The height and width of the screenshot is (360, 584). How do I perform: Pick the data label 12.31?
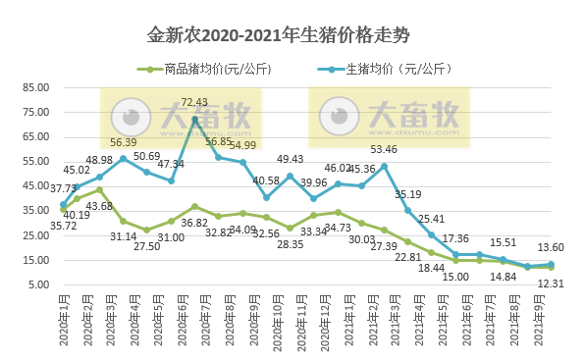pyautogui.click(x=551, y=284)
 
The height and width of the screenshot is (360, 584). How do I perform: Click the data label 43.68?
pyautogui.click(x=99, y=205)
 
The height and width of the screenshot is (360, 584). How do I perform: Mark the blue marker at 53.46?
pyautogui.click(x=385, y=166)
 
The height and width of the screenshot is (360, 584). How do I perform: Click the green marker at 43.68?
pyautogui.click(x=99, y=190)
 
